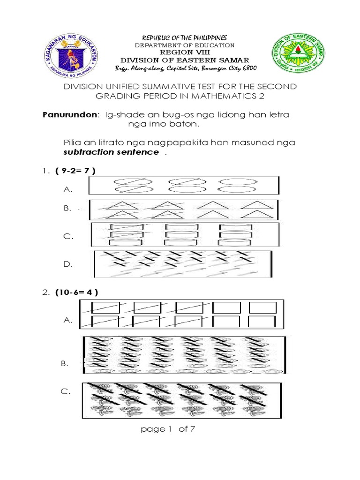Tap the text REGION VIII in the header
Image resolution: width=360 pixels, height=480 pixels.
(x=184, y=52)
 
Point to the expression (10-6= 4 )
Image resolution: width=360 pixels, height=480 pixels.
(x=76, y=292)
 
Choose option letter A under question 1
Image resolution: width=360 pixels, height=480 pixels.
(x=68, y=189)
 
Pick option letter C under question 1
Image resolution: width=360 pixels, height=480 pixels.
(x=69, y=237)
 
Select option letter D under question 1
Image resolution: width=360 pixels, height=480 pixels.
(x=69, y=264)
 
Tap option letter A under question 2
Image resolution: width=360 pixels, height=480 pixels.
(x=68, y=321)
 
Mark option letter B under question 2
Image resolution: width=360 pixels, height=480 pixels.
(x=65, y=363)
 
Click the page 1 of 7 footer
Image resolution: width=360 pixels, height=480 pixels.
(x=167, y=429)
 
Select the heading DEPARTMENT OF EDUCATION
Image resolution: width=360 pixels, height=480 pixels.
(x=184, y=45)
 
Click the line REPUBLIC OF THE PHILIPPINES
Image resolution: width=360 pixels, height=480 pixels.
(x=184, y=37)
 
